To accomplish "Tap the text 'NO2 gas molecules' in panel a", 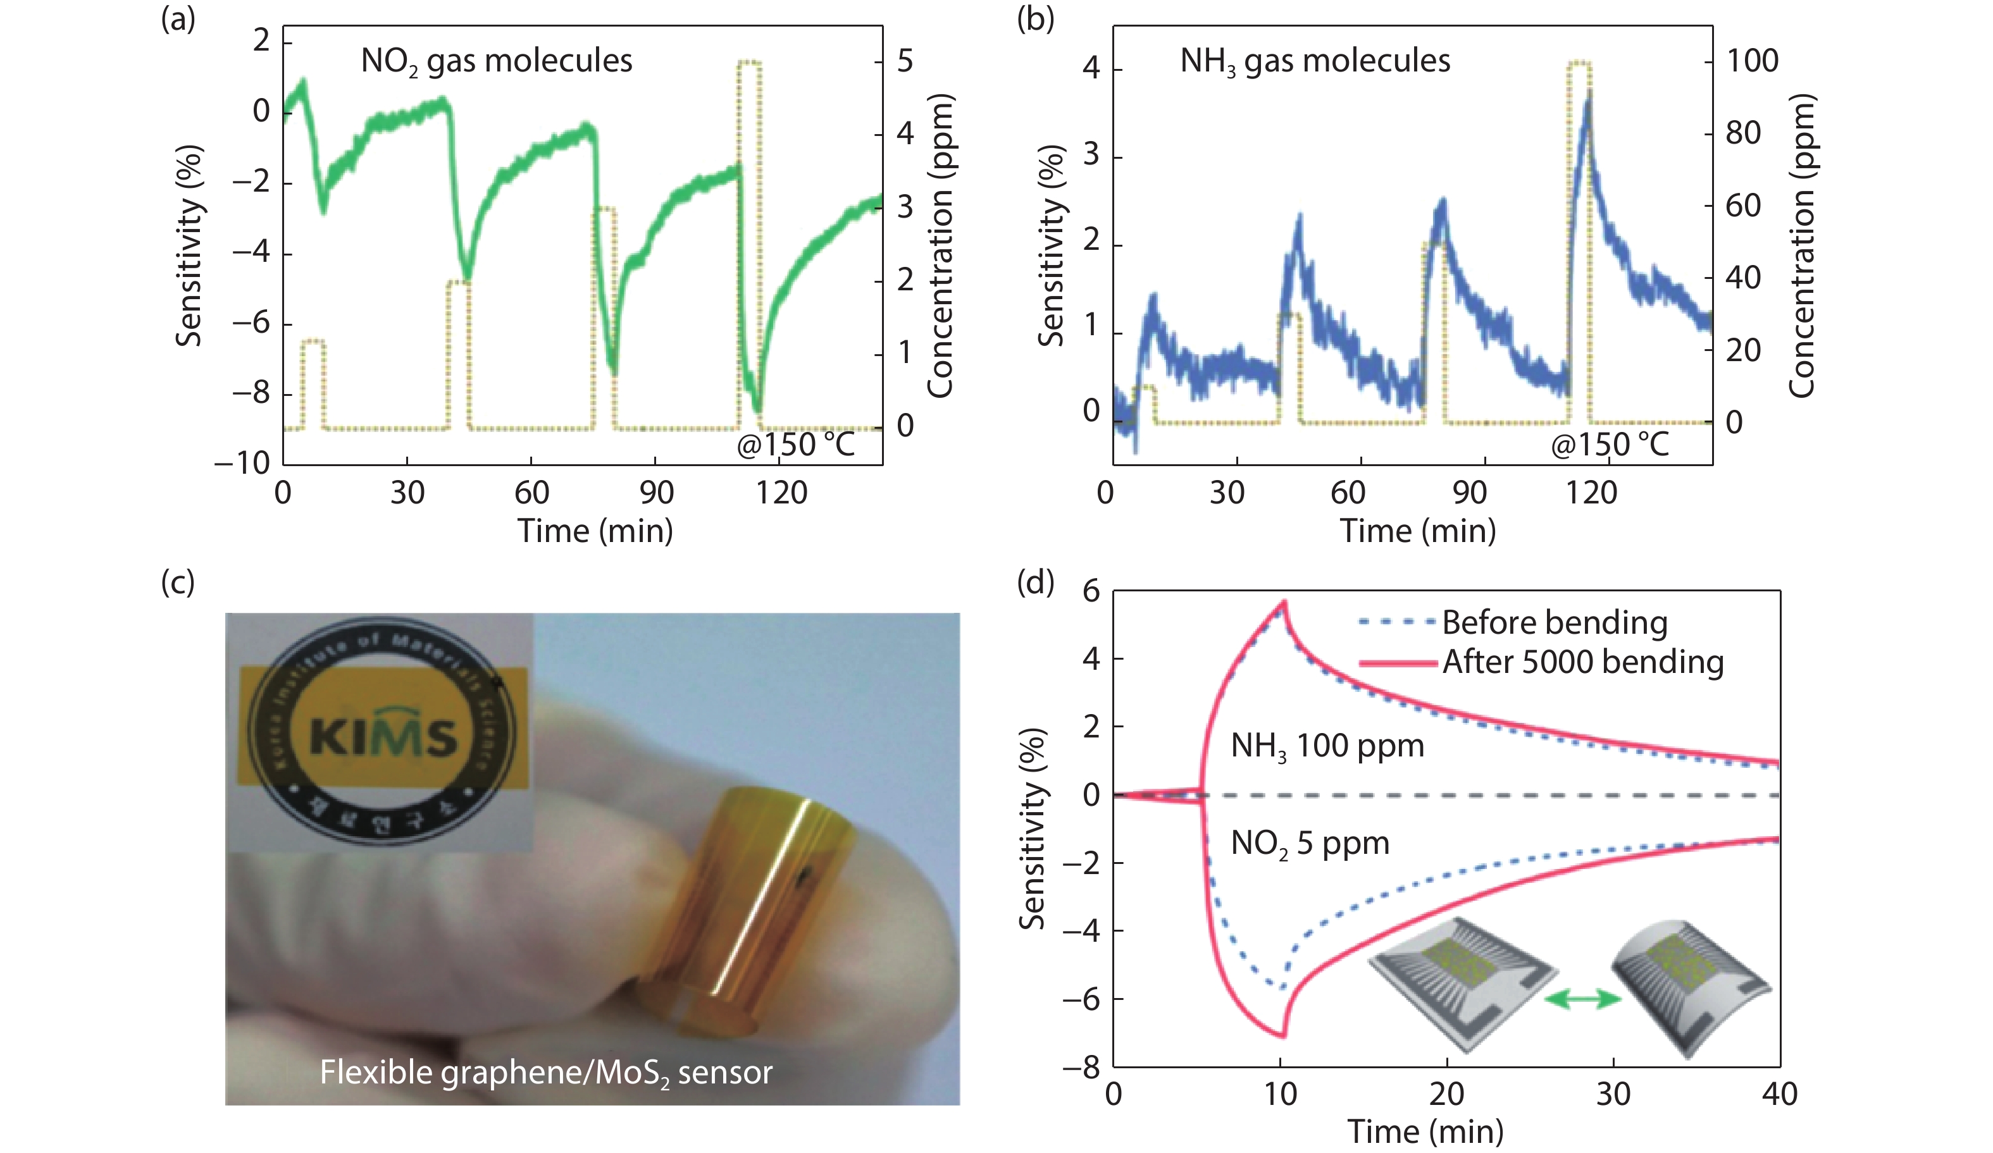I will click(496, 61).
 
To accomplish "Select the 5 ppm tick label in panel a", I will click(905, 61).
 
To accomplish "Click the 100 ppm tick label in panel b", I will click(1752, 61).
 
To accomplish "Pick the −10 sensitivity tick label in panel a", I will click(242, 462).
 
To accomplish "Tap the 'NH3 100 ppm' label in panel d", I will click(1327, 746).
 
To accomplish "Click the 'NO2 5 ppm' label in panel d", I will click(1310, 844).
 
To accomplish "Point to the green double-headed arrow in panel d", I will click(1582, 999).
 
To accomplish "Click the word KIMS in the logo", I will click(383, 736).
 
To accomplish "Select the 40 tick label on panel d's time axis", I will click(1779, 1094).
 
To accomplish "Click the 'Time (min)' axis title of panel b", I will click(1417, 531).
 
